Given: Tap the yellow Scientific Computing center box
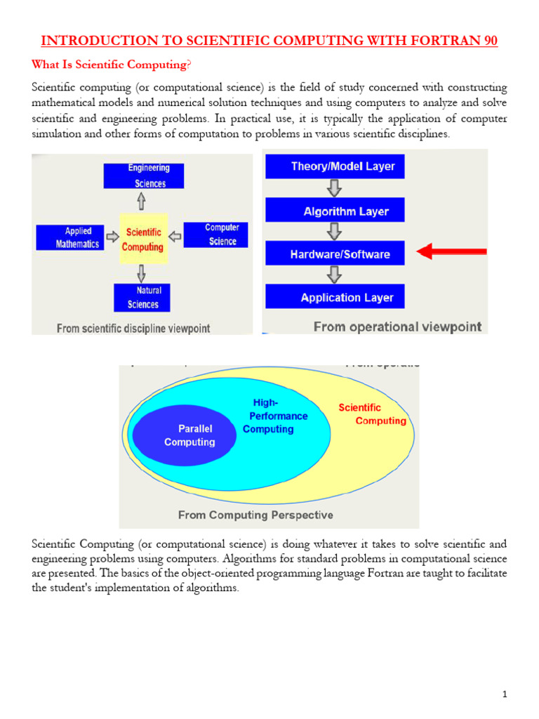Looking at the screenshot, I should pos(143,239).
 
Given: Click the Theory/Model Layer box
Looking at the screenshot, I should pos(335,166).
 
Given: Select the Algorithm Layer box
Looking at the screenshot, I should pos(335,211).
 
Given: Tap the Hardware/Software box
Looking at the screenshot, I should pos(335,253).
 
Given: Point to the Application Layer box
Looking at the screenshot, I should pos(335,297).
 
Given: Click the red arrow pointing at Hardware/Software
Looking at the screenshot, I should pos(452,251).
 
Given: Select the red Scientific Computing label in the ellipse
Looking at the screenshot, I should pos(370,414).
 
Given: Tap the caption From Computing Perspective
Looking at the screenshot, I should pos(255,515).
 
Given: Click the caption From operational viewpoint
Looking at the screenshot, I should pos(397,326).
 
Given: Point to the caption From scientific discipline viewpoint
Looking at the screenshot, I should pos(133,328).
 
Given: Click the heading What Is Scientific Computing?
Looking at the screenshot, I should pos(111,65).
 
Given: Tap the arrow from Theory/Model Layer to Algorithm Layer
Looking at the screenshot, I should pos(335,188).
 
